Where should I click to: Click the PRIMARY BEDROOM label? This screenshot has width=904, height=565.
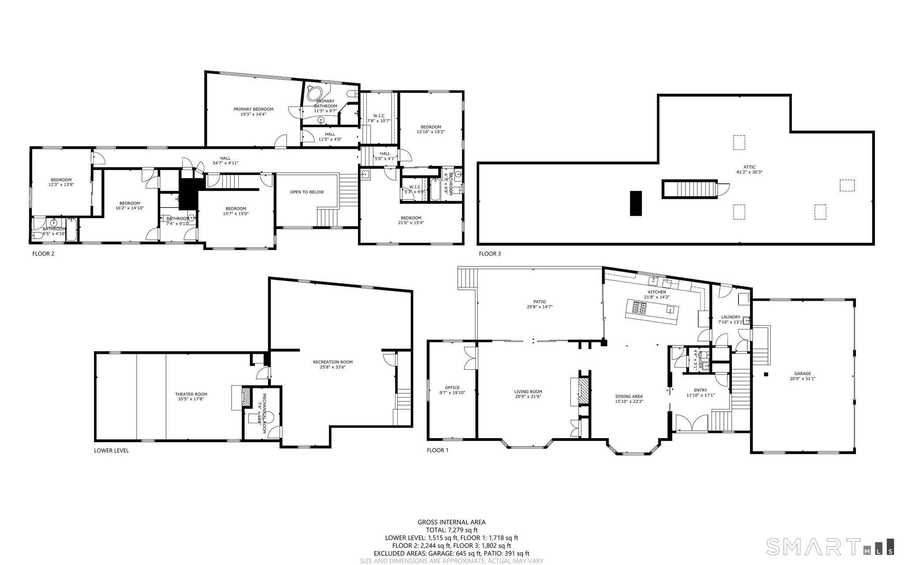pyautogui.click(x=253, y=109)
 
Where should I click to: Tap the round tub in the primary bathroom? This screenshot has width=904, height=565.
pyautogui.click(x=314, y=94)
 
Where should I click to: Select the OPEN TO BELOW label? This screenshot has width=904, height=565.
pyautogui.click(x=306, y=192)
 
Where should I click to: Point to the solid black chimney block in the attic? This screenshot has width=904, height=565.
pyautogui.click(x=635, y=203)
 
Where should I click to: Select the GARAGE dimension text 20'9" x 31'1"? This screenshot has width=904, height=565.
pyautogui.click(x=802, y=379)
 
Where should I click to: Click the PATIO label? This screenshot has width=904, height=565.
pyautogui.click(x=539, y=302)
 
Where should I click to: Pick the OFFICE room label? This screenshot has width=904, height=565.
pyautogui.click(x=452, y=387)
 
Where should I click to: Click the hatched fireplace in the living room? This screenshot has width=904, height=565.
pyautogui.click(x=584, y=391)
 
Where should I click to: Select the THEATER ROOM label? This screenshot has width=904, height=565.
pyautogui.click(x=191, y=394)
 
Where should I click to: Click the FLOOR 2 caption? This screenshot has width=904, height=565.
pyautogui.click(x=43, y=254)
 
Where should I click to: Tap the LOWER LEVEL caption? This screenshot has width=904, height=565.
pyautogui.click(x=111, y=451)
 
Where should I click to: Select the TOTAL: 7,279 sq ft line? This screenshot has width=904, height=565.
pyautogui.click(x=451, y=530)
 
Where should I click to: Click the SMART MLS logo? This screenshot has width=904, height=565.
pyautogui.click(x=830, y=546)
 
